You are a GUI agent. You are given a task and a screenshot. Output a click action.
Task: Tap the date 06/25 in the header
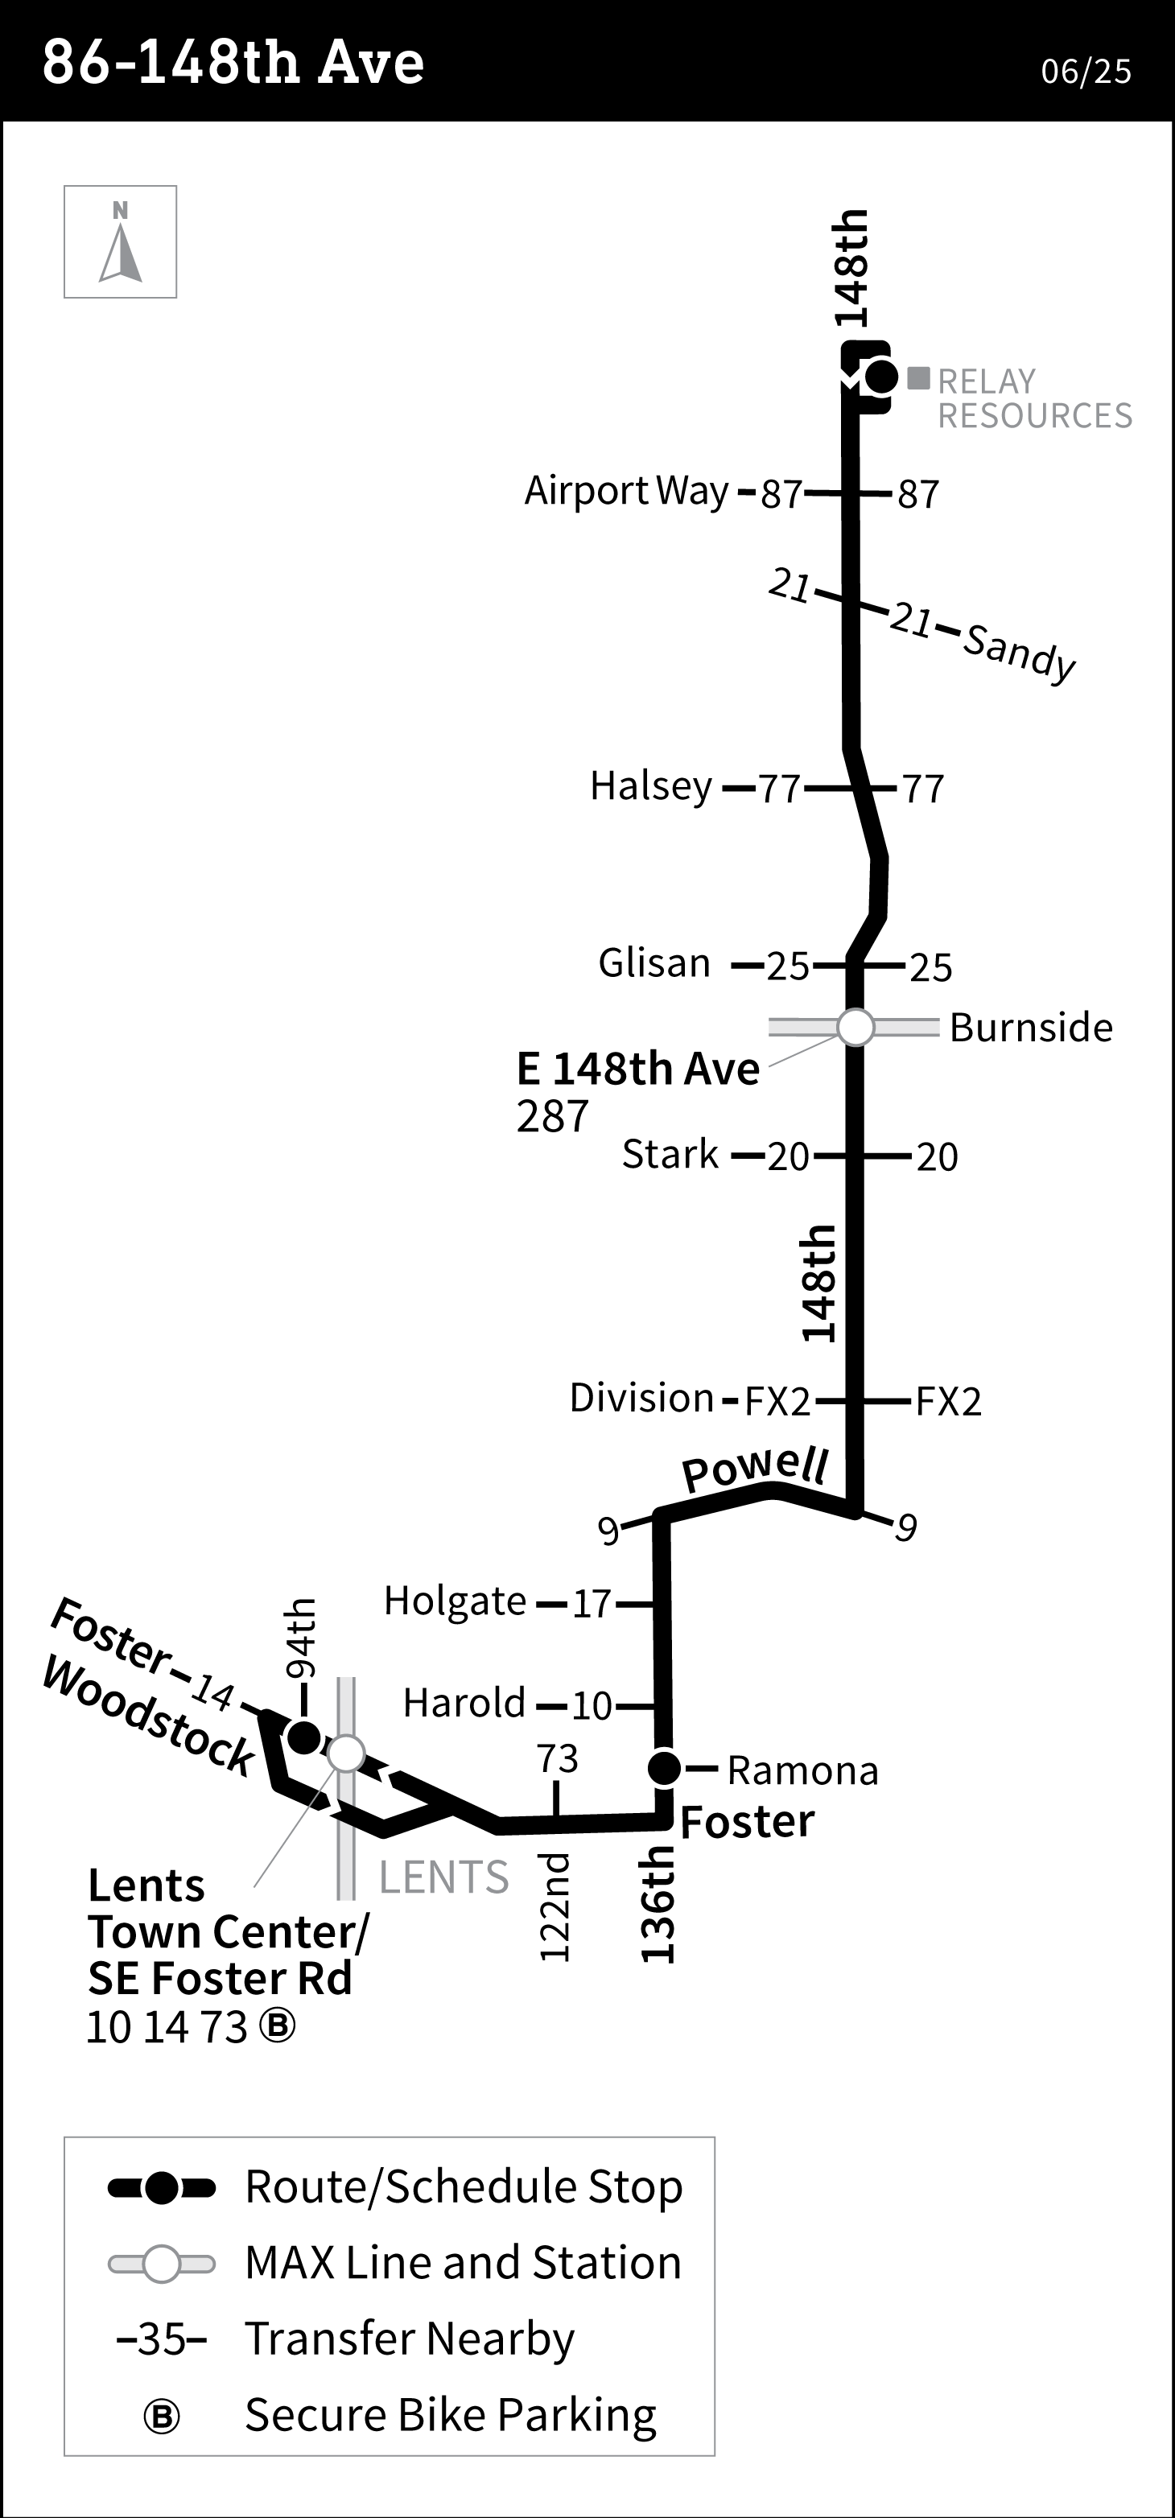1085,72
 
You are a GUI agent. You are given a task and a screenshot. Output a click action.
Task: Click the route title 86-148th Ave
233,63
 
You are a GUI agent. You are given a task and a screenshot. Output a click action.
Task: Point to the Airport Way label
627,491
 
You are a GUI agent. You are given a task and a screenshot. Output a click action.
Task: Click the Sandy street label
1019,652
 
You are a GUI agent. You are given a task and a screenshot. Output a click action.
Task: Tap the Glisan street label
654,964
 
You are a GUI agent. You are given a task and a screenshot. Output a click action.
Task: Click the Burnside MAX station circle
855,1028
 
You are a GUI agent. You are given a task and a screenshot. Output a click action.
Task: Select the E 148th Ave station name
637,1069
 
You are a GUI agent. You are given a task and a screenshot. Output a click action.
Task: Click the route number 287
552,1116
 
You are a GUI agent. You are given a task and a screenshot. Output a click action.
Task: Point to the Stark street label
670,1155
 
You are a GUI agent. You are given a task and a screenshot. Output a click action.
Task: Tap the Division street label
641,1398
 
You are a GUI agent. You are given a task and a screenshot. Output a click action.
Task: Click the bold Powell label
755,1468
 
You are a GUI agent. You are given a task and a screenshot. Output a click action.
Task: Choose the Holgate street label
455,1601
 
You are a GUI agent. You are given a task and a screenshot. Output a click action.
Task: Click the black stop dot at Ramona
665,1767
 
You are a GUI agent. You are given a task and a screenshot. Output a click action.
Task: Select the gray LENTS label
443,1877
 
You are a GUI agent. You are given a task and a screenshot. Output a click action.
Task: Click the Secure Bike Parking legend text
450,2414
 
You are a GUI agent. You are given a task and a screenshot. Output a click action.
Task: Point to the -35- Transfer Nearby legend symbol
161,2339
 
